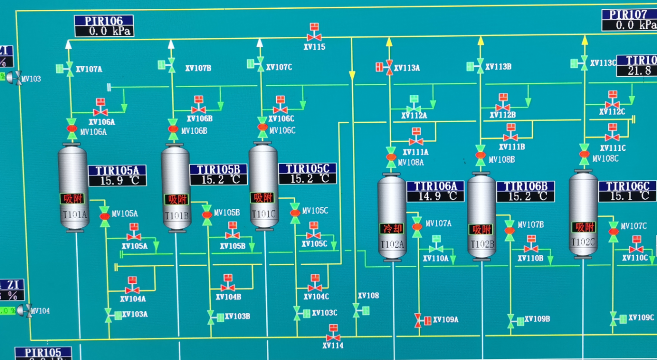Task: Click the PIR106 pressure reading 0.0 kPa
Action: [104, 31]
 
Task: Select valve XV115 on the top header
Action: [314, 36]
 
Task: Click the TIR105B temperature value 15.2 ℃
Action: [218, 180]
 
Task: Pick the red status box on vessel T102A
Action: [392, 228]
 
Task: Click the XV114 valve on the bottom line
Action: [333, 337]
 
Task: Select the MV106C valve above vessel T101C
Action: [263, 127]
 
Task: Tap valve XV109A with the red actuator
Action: [418, 320]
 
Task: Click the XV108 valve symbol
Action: [357, 310]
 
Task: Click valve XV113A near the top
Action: [389, 67]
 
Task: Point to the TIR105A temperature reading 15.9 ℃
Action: [117, 181]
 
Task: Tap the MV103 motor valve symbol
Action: [18, 78]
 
